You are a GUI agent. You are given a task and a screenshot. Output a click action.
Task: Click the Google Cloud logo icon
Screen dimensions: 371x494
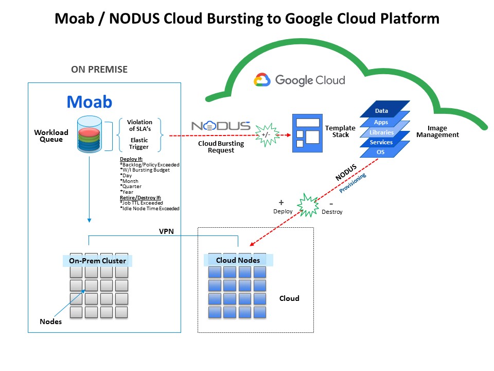pyautogui.click(x=262, y=80)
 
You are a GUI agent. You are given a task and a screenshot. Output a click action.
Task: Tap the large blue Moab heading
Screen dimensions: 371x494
pyautogui.click(x=89, y=102)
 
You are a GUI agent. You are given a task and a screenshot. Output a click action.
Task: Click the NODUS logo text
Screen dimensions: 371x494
pyautogui.click(x=221, y=126)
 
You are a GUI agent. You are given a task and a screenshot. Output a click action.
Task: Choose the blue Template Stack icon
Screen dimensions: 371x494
pyautogui.click(x=307, y=133)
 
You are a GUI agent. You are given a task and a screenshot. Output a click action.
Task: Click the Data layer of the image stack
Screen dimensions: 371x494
pyautogui.click(x=381, y=111)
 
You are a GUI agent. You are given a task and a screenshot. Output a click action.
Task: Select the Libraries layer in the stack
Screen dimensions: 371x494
pyautogui.click(x=381, y=132)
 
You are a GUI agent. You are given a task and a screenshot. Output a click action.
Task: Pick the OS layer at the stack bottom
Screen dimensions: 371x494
pyautogui.click(x=381, y=153)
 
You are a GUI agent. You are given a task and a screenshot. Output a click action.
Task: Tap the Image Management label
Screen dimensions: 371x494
pyautogui.click(x=437, y=131)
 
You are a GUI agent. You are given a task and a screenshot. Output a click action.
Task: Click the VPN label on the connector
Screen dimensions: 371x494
pyautogui.click(x=166, y=231)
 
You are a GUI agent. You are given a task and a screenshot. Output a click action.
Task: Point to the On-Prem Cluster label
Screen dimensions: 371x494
pyautogui.click(x=97, y=261)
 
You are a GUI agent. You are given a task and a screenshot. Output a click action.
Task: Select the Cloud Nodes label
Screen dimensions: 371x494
pyautogui.click(x=238, y=260)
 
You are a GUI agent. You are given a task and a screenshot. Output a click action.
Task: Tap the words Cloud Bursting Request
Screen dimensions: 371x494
pyautogui.click(x=216, y=147)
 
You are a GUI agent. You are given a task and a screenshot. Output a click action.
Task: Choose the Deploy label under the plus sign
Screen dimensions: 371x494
pyautogui.click(x=283, y=211)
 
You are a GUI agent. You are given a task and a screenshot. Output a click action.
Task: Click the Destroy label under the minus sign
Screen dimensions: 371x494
pyautogui.click(x=332, y=211)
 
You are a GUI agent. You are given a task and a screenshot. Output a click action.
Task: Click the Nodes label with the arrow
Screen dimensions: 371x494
pyautogui.click(x=50, y=322)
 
